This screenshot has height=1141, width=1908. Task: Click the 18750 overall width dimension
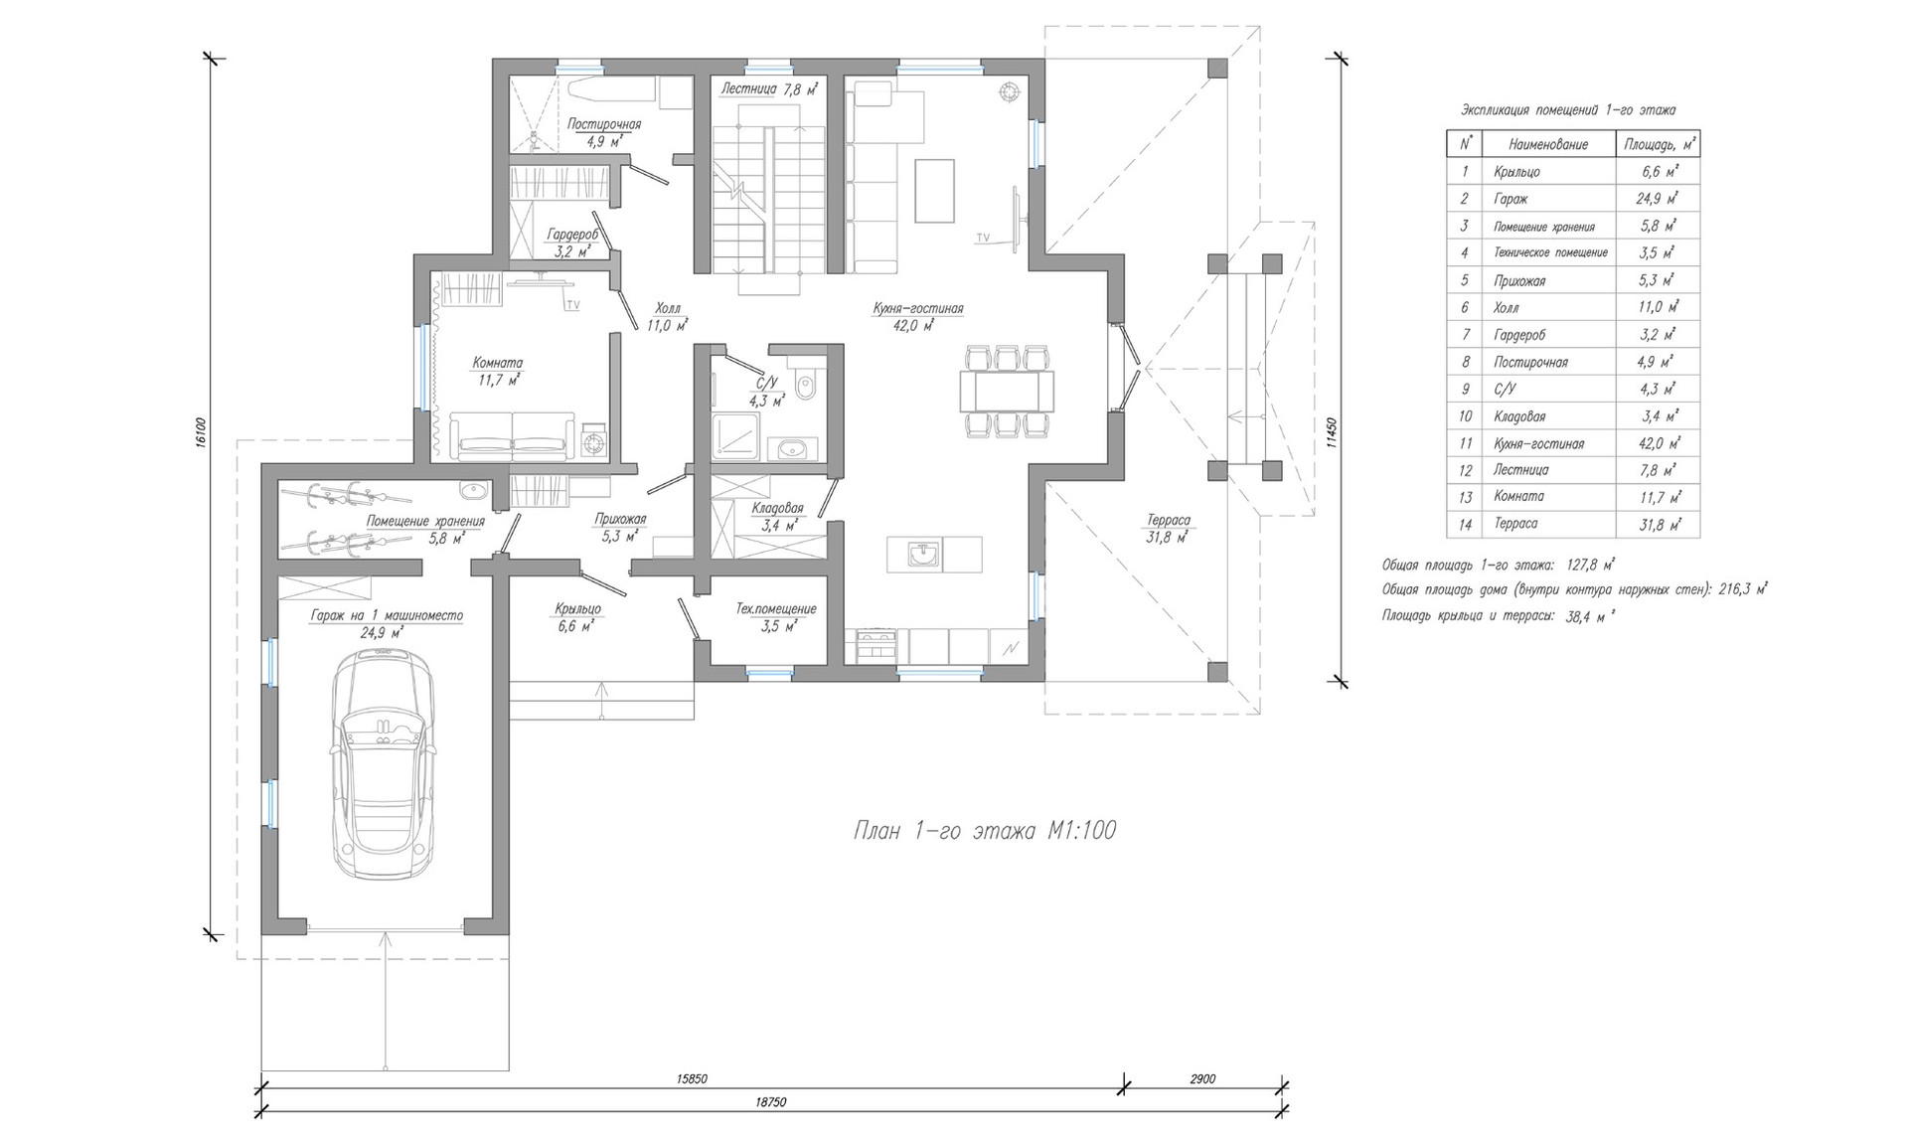tap(770, 1103)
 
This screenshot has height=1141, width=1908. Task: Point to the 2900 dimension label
tap(1202, 1078)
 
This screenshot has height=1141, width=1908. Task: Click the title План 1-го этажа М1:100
tap(985, 830)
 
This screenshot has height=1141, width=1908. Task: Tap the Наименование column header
tap(1547, 144)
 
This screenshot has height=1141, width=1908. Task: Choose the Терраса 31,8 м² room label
tap(1169, 528)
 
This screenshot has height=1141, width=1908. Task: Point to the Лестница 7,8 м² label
tap(770, 88)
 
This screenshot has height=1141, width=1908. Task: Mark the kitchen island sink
tap(925, 554)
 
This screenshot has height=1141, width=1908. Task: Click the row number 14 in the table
tap(1465, 524)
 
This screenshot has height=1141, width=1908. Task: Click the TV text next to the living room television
tap(983, 238)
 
